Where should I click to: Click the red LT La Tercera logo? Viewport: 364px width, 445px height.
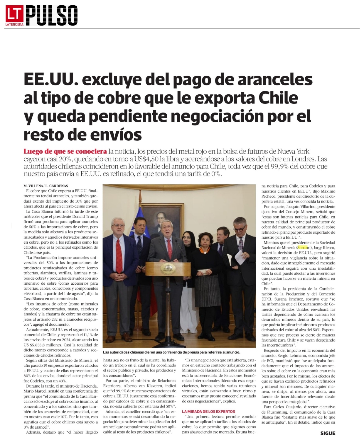[x=14, y=15]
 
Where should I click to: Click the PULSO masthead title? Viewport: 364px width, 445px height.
[x=52, y=15]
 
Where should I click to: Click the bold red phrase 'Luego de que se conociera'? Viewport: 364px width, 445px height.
[x=65, y=152]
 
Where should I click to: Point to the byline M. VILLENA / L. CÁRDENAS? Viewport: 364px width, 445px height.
[x=46, y=186]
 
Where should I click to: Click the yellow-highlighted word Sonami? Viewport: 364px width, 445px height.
[x=304, y=248]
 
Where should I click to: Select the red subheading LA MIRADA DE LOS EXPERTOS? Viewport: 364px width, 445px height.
[x=208, y=412]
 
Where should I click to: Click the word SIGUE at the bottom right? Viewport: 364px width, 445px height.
[x=328, y=433]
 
